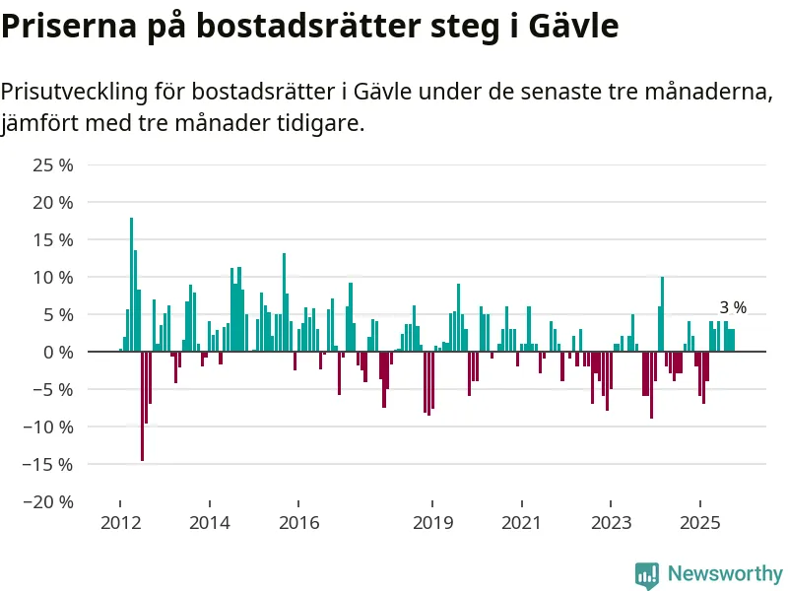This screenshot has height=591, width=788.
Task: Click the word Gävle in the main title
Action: click(572, 27)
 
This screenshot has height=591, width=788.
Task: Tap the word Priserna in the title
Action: click(61, 27)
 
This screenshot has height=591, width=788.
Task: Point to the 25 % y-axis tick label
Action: click(53, 164)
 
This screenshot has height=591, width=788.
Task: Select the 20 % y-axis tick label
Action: click(53, 202)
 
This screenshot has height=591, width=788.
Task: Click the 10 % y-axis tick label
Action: click(53, 277)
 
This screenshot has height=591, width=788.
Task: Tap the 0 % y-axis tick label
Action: click(58, 352)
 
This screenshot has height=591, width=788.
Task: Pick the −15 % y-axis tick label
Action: click(49, 464)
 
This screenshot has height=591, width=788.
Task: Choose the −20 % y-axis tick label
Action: click(49, 501)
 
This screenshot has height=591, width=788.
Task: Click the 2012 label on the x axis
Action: click(120, 522)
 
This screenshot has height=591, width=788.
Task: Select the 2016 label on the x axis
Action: click(299, 522)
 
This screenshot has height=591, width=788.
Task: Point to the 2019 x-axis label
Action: click(432, 522)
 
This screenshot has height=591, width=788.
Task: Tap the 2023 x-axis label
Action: click(611, 522)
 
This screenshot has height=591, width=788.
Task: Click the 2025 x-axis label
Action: click(699, 522)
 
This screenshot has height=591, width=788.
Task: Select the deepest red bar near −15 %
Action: click(142, 406)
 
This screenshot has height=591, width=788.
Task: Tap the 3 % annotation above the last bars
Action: click(733, 307)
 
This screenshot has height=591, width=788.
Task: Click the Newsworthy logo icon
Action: click(647, 574)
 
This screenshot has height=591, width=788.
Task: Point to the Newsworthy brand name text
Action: click(725, 573)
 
